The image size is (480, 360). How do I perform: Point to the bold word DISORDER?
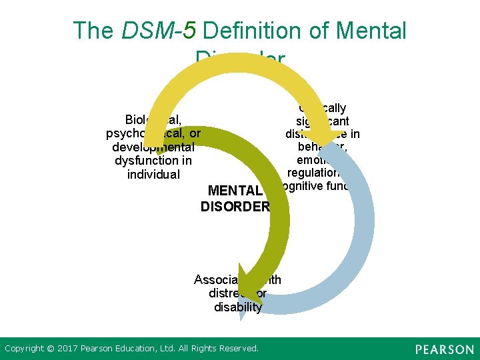[235, 206]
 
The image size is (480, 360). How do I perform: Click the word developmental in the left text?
[153, 147]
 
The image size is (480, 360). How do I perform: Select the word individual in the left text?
[153, 175]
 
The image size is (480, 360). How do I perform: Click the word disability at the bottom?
[238, 307]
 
